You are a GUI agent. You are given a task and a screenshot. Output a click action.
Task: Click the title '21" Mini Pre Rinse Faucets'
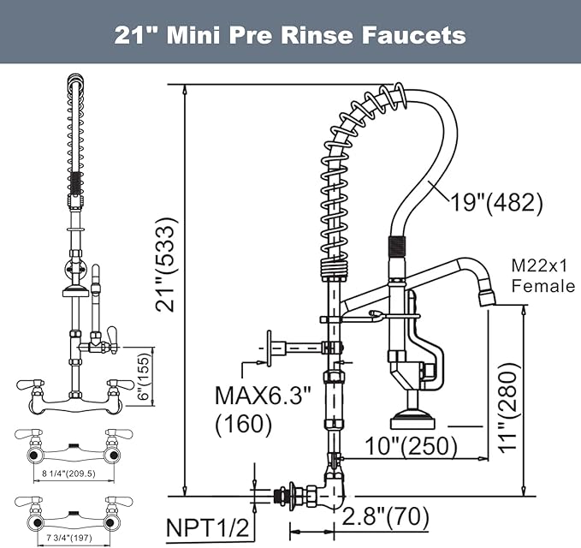click(x=290, y=35)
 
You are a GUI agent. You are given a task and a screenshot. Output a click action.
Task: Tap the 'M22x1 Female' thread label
click(x=542, y=276)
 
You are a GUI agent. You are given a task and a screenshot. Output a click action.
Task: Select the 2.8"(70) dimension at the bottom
click(x=385, y=516)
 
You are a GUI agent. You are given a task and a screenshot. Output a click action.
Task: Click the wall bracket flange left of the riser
click(x=270, y=348)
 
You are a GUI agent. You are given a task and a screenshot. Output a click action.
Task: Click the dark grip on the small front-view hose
click(x=75, y=183)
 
